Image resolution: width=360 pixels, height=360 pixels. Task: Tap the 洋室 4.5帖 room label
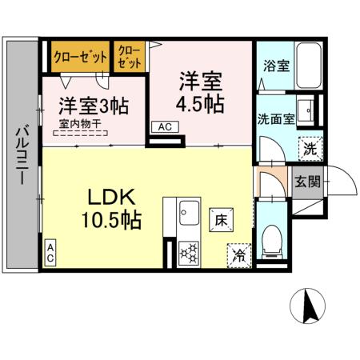tap(199, 91)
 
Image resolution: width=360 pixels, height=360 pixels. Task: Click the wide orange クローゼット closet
tap(79, 58)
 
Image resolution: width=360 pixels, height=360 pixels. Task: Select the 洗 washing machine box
tap(310, 147)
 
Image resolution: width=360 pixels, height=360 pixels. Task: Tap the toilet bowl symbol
tap(272, 237)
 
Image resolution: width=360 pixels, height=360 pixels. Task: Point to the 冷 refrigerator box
tap(239, 254)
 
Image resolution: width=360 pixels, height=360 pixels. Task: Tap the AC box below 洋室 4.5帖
tap(164, 127)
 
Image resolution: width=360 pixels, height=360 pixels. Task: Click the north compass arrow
tap(310, 306)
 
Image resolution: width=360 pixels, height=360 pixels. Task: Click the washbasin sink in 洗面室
tap(306, 108)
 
